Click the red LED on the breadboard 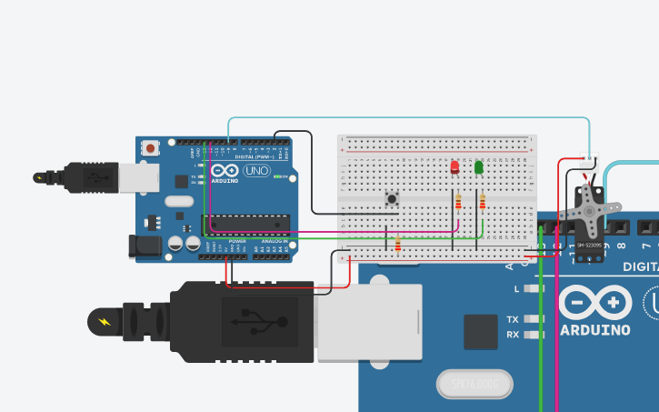click(454, 167)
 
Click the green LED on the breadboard click(479, 167)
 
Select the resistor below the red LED click(458, 201)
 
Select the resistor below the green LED click(482, 201)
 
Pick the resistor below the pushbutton click(398, 243)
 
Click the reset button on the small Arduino click(150, 146)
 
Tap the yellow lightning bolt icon click(103, 321)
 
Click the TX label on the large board click(514, 319)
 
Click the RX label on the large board click(514, 335)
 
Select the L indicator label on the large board click(516, 288)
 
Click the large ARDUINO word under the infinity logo click(595, 329)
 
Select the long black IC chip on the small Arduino click(245, 222)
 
